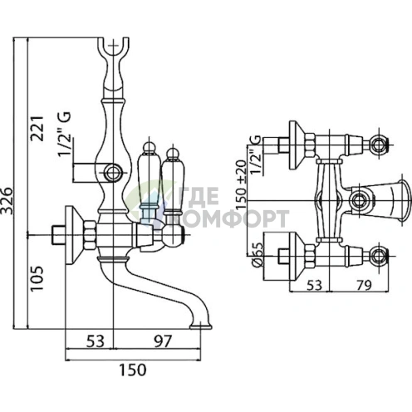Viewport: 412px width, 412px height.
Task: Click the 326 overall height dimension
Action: [x=7, y=201]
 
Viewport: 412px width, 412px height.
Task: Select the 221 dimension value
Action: [x=37, y=129]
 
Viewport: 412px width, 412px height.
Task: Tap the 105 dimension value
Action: [x=37, y=278]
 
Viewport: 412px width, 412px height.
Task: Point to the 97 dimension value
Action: [x=163, y=341]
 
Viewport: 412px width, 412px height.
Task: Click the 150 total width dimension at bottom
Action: [x=132, y=370]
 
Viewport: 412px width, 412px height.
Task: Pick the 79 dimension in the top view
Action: [x=364, y=285]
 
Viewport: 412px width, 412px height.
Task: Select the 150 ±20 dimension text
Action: [x=241, y=184]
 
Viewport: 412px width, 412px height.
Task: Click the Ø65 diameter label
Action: [x=257, y=254]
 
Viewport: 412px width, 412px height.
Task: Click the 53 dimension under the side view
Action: [x=96, y=341]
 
